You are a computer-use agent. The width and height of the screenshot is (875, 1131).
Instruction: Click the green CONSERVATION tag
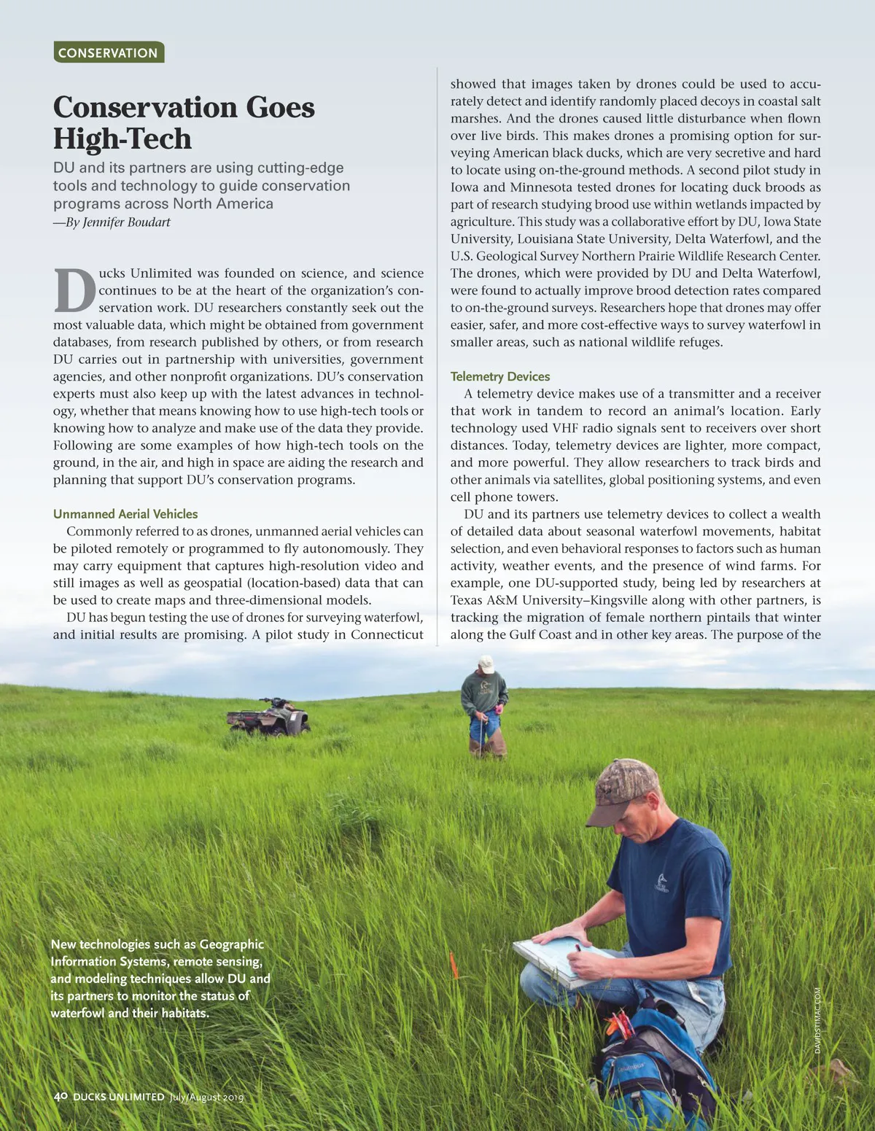(x=108, y=53)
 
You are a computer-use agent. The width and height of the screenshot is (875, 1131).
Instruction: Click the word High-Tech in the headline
(x=122, y=139)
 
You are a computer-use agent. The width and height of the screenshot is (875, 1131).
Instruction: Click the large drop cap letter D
(x=74, y=290)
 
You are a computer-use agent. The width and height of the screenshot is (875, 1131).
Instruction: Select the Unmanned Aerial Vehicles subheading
(x=125, y=514)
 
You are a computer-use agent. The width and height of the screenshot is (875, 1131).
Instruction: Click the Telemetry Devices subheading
(x=499, y=376)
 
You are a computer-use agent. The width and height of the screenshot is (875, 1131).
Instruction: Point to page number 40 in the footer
(x=61, y=1096)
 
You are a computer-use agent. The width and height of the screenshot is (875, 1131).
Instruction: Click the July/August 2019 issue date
(x=206, y=1097)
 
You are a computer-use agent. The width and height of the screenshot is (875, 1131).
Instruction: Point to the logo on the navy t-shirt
(x=661, y=883)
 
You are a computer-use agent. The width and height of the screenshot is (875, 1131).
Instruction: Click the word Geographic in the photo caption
(x=231, y=944)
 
